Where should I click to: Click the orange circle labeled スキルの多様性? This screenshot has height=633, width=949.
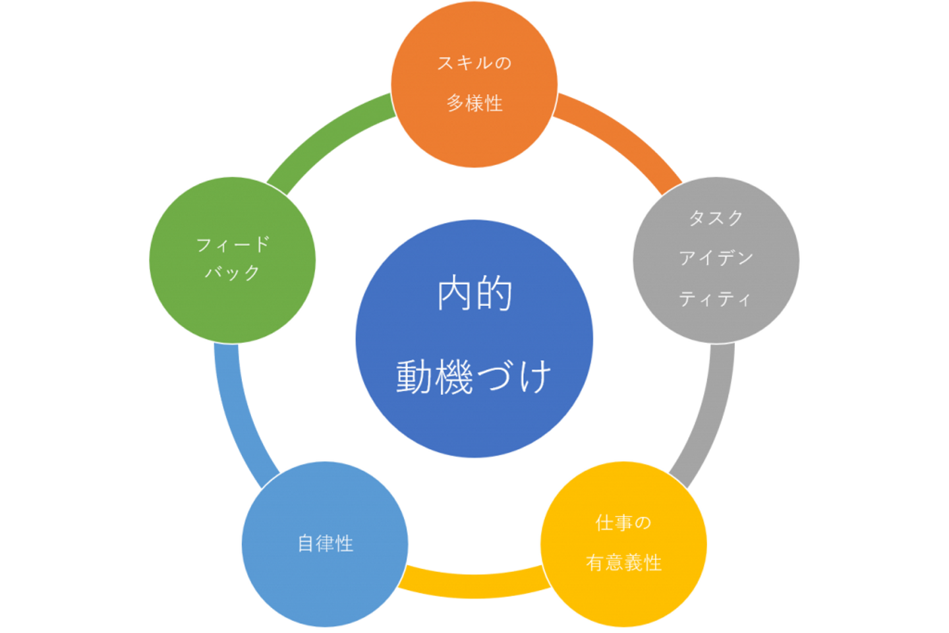(x=474, y=84)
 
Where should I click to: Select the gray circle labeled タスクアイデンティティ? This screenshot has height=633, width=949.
(x=716, y=260)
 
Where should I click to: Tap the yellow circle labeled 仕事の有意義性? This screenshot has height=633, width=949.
(x=623, y=544)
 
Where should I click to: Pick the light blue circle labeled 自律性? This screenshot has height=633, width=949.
(x=325, y=544)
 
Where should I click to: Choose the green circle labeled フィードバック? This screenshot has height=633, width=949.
(x=233, y=260)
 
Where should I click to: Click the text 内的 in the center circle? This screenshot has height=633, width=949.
(x=474, y=293)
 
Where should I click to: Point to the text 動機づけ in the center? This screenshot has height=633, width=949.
(x=474, y=377)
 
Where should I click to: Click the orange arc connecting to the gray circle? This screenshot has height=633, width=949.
(x=623, y=136)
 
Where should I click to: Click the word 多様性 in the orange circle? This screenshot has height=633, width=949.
(x=474, y=103)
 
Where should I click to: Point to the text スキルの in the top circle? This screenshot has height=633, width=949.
(x=474, y=63)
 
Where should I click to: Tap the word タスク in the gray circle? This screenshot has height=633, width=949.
(x=716, y=218)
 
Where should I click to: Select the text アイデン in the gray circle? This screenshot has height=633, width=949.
(x=716, y=258)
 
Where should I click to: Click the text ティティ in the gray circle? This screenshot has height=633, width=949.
(x=715, y=299)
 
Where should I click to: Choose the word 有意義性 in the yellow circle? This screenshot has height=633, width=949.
(x=623, y=562)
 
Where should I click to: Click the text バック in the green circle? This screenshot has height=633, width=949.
(x=232, y=272)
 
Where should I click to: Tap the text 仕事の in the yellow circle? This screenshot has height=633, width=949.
(x=623, y=522)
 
